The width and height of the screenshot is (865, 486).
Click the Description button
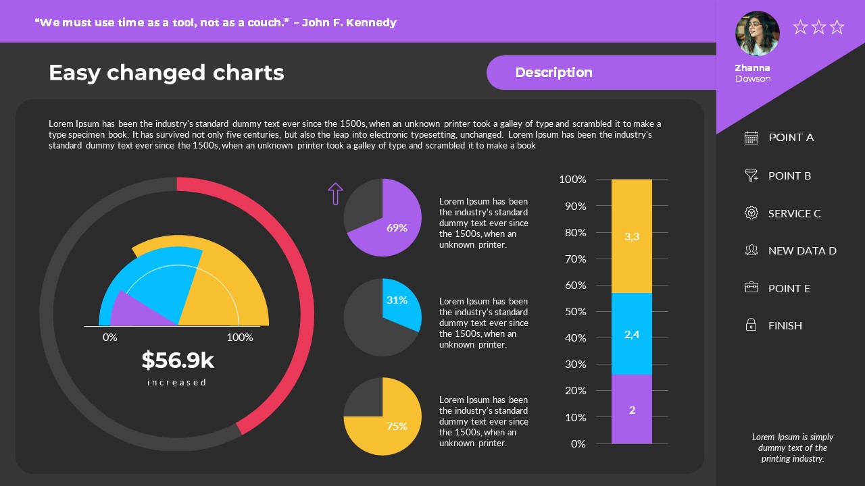point(553,72)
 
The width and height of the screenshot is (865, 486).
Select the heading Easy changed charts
point(166,72)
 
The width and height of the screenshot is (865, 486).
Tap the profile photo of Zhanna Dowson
point(757,33)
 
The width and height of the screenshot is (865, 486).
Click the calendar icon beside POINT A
point(751,138)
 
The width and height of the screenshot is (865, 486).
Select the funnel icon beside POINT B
point(751,175)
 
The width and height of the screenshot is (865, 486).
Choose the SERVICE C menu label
point(794,213)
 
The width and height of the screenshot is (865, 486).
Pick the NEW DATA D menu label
point(802,250)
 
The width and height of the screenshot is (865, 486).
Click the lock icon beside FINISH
point(751,325)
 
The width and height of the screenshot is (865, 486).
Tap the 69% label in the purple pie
point(397,228)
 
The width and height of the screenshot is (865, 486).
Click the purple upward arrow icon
point(335,193)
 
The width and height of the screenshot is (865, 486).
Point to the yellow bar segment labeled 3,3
point(632,236)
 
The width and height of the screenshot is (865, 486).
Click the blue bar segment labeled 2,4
point(632,334)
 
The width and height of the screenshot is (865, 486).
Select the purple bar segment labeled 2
point(632,410)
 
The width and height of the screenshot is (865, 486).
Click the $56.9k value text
point(178,360)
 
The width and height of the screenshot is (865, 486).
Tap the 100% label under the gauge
point(240,337)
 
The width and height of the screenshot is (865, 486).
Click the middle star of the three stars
point(818,27)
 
